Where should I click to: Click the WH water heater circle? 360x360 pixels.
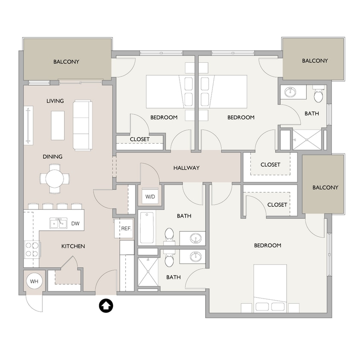[x=33, y=281]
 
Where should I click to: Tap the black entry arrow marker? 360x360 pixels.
[x=105, y=305]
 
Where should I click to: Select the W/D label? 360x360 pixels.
[x=150, y=197]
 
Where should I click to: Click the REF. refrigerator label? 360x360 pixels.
[x=126, y=229]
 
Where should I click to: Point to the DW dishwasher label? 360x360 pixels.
[x=75, y=223]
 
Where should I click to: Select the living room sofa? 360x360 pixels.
[x=82, y=125]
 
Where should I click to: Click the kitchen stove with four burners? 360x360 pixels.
[x=32, y=249]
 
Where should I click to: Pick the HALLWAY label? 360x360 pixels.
[x=186, y=168]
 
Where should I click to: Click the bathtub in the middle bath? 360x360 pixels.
[x=146, y=228]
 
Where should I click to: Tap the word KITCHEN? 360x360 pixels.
[x=73, y=246]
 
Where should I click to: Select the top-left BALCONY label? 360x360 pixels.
[x=66, y=62]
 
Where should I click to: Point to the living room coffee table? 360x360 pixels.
[x=58, y=125]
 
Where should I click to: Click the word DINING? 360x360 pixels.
[x=52, y=157]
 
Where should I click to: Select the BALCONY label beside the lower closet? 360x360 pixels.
[x=325, y=187]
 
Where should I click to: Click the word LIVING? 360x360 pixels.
[x=55, y=101]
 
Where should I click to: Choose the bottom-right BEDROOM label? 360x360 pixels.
[x=267, y=245]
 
